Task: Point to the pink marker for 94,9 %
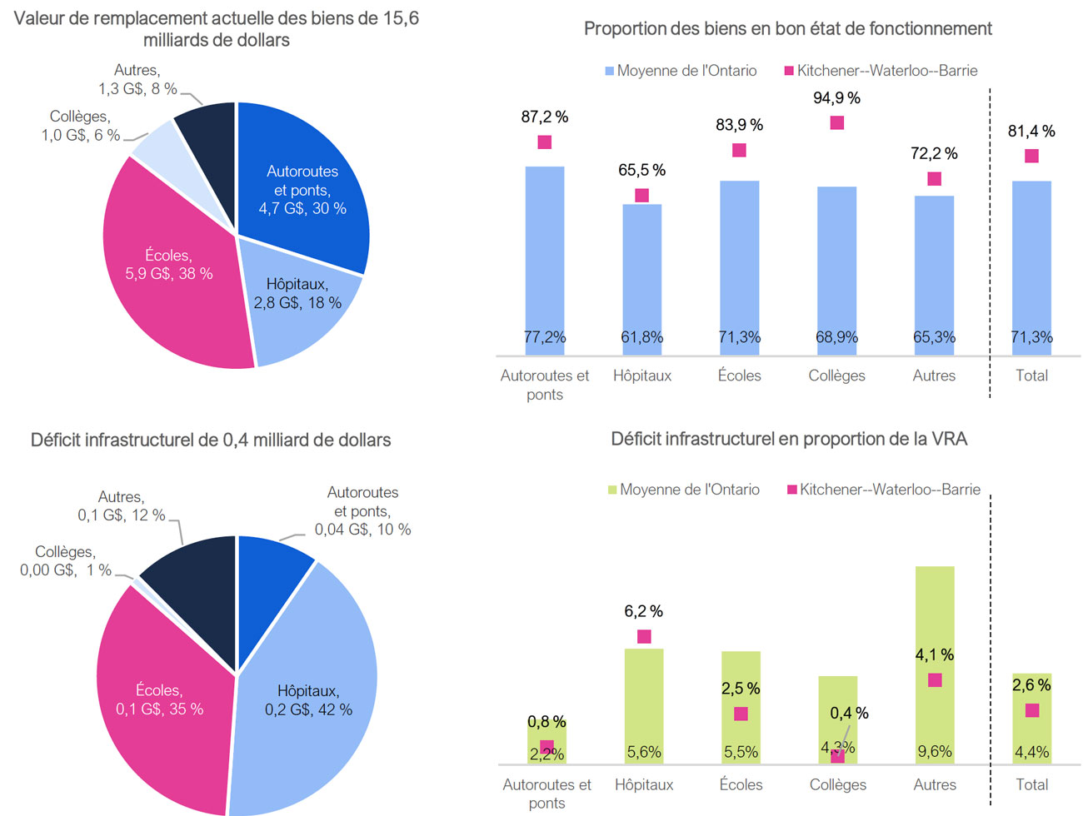[837, 123]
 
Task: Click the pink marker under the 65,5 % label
[641, 196]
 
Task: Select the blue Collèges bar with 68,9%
[836, 266]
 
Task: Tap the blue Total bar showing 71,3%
[1031, 266]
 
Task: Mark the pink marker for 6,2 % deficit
[644, 637]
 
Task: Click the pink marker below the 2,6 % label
[1032, 710]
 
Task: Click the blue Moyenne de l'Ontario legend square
[609, 72]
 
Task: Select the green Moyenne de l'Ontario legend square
[612, 490]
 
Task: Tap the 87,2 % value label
[545, 117]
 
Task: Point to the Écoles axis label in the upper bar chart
[739, 376]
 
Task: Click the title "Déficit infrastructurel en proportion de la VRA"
[788, 439]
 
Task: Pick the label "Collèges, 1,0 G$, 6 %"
[81, 126]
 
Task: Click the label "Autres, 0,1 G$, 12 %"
[122, 506]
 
